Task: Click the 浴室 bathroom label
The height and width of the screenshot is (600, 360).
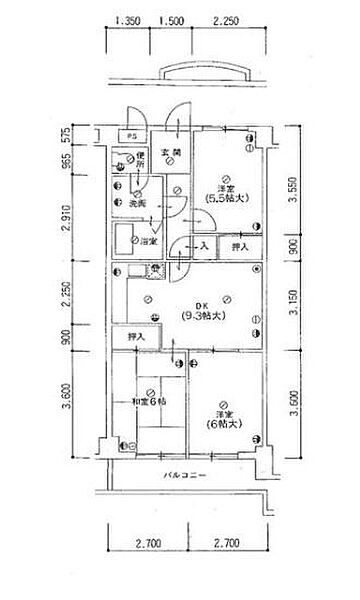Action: (x=147, y=241)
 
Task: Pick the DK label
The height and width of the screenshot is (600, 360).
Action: (x=201, y=305)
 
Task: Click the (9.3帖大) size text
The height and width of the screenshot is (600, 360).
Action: (x=201, y=316)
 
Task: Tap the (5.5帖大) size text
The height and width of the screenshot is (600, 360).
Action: (x=225, y=197)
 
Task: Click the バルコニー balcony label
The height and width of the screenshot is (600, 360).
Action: (x=185, y=475)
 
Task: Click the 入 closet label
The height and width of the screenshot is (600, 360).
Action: (x=203, y=245)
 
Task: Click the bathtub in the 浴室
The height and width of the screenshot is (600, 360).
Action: (x=128, y=241)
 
